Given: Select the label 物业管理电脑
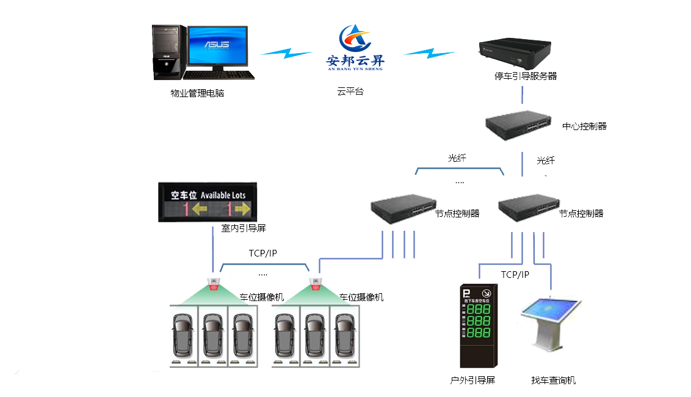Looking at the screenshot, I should click(197, 94).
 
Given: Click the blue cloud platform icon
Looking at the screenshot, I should click(355, 46).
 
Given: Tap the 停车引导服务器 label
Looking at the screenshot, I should click(525, 76).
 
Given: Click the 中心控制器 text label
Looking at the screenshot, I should click(584, 126).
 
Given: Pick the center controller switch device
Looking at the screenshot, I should click(518, 126).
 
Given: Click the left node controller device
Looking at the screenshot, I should click(403, 207).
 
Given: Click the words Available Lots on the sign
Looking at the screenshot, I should click(223, 195).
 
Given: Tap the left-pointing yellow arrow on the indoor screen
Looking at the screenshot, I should click(199, 209).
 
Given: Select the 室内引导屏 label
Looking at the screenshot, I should click(243, 228).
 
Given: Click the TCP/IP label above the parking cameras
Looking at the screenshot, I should click(263, 253).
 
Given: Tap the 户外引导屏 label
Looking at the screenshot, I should click(472, 381).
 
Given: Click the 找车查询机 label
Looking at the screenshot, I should click(553, 381).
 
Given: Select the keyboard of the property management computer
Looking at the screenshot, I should click(219, 75).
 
